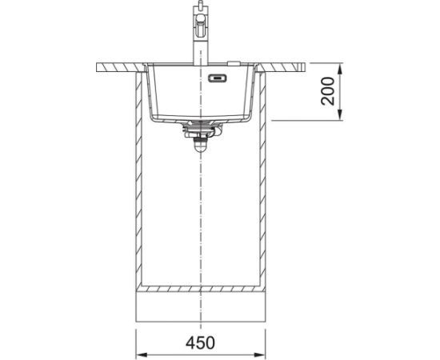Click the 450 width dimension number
pos(200,342)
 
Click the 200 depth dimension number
pos(328,91)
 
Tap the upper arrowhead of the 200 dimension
pos(340,68)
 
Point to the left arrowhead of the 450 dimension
pos(141,354)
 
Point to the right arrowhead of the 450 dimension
pos(260,354)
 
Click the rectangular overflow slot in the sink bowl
pos(217,78)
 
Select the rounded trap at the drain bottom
pos(200,146)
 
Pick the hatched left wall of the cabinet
pos(138,179)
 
